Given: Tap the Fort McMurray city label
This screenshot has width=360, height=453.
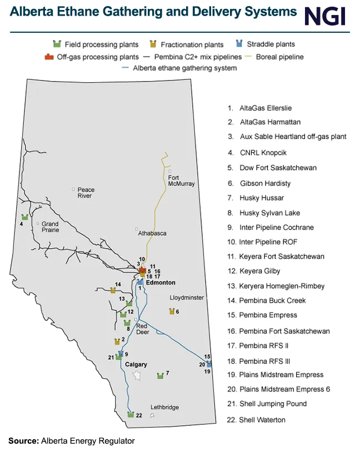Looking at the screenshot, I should pos(182,181).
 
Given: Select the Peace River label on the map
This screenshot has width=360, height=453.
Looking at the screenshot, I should pos(86,193).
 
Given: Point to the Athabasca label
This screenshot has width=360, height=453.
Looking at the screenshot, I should pos(152,233).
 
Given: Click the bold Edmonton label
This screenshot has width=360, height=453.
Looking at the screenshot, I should pos(161,283).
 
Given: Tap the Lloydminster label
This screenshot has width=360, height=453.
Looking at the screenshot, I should pos(186,298).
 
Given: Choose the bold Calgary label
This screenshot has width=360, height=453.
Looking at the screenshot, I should pos(136,365).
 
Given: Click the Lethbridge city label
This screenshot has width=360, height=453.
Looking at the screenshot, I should pos(164,407).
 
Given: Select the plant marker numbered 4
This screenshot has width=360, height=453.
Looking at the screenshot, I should pos(24,217).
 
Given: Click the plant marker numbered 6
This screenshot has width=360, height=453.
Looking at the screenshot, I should pos(172,311).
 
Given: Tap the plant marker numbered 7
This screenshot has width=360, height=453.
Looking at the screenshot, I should pos(160,376).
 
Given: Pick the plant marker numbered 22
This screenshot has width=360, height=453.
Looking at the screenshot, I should pos(131,415).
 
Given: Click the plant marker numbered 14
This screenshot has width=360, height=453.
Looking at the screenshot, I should pos(113,290).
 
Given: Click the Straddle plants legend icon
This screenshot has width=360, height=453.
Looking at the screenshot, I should pos(239,44).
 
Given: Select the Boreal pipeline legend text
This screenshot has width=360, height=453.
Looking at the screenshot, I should pos(280,57).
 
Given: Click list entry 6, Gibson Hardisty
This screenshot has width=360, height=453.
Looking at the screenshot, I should pos(265,183).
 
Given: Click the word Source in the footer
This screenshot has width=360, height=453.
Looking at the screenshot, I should pos(23,441).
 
